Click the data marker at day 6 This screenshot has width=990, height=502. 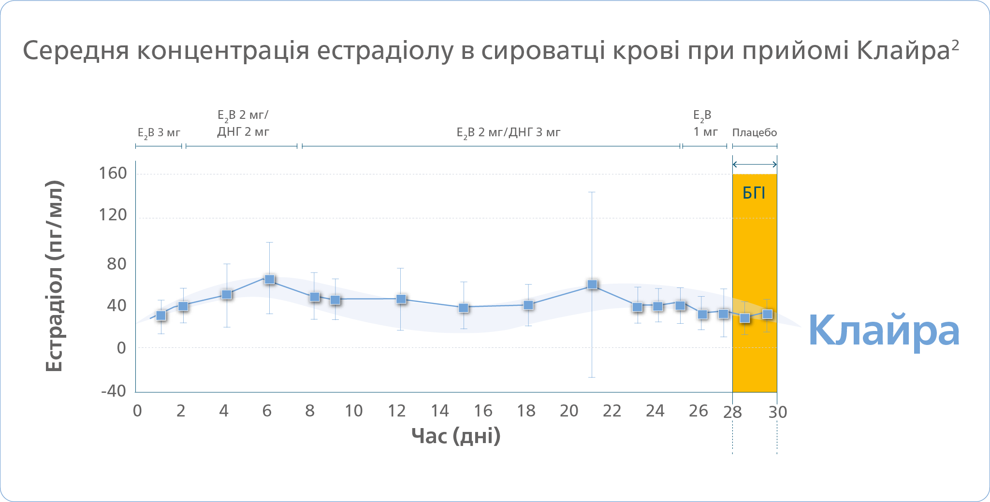(x=270, y=279)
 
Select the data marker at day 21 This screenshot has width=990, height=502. (x=592, y=285)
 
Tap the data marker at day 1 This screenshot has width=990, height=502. (x=161, y=316)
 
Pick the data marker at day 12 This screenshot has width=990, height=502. (x=401, y=299)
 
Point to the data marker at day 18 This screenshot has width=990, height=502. (x=528, y=305)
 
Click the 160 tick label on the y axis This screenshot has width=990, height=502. (x=113, y=173)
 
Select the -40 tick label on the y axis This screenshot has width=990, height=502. (x=114, y=390)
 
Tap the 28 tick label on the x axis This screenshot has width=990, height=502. (x=732, y=412)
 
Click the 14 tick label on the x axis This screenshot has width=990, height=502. (x=440, y=411)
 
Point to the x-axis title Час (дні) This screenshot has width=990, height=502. (x=456, y=436)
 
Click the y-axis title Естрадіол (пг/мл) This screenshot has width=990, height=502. (x=54, y=276)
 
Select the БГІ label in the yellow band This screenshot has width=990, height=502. (x=754, y=193)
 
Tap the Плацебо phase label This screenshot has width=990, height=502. (x=754, y=132)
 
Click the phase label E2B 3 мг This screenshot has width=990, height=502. (x=159, y=133)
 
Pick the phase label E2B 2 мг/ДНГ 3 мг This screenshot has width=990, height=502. (x=508, y=133)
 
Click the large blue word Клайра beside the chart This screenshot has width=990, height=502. (x=884, y=330)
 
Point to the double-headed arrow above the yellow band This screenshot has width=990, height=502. (x=755, y=164)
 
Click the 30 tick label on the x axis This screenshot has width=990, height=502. (x=778, y=412)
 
